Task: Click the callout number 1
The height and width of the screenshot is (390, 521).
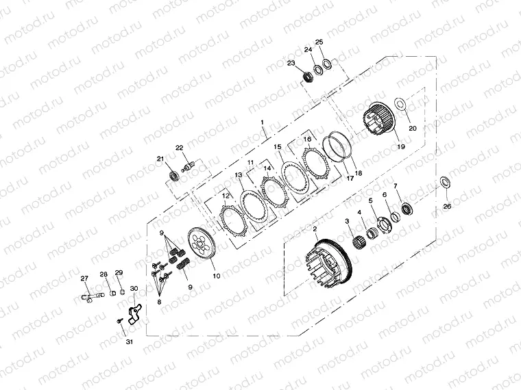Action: [x=262, y=122]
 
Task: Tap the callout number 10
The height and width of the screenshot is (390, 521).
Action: [x=217, y=276]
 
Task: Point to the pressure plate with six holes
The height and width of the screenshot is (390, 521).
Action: [x=202, y=244]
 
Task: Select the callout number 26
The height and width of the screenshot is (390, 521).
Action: [x=447, y=206]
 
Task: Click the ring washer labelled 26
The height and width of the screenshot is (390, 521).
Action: [x=445, y=182]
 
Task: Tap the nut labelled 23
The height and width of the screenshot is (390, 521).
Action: [x=307, y=77]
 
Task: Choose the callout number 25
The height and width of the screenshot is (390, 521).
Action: [x=319, y=42]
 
